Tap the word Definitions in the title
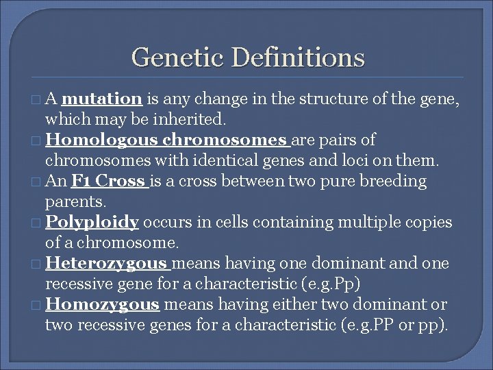point(298,57)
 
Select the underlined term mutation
point(105,99)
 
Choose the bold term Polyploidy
point(92,223)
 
